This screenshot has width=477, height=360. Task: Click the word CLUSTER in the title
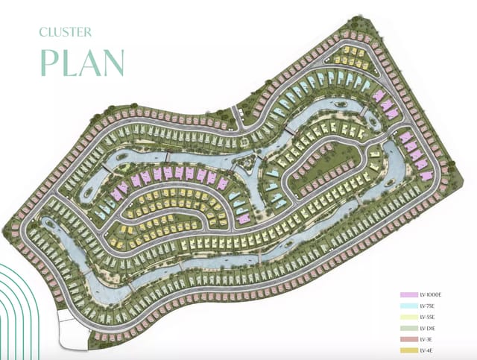(x=66, y=32)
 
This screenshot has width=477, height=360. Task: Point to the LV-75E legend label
(x=429, y=306)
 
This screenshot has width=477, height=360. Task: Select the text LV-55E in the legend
(x=429, y=318)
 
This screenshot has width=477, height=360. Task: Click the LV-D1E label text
(x=429, y=328)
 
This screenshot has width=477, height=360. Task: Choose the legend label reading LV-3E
(x=427, y=339)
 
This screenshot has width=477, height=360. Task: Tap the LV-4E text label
(x=427, y=350)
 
